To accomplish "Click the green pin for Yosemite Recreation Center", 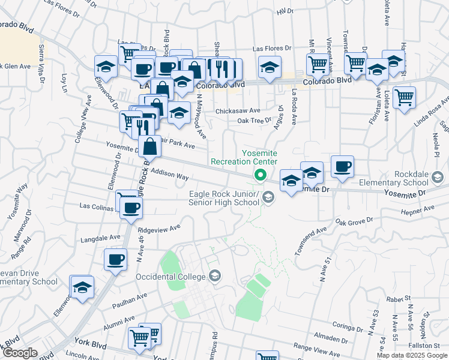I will click(260, 175).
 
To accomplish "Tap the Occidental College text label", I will click(170, 277).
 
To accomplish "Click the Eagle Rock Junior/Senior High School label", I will click(224, 198).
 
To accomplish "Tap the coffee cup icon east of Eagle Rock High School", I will click(342, 167).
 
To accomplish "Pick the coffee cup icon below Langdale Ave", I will click(115, 260).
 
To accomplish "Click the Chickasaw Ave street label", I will click(238, 110).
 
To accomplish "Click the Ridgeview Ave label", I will click(159, 229).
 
